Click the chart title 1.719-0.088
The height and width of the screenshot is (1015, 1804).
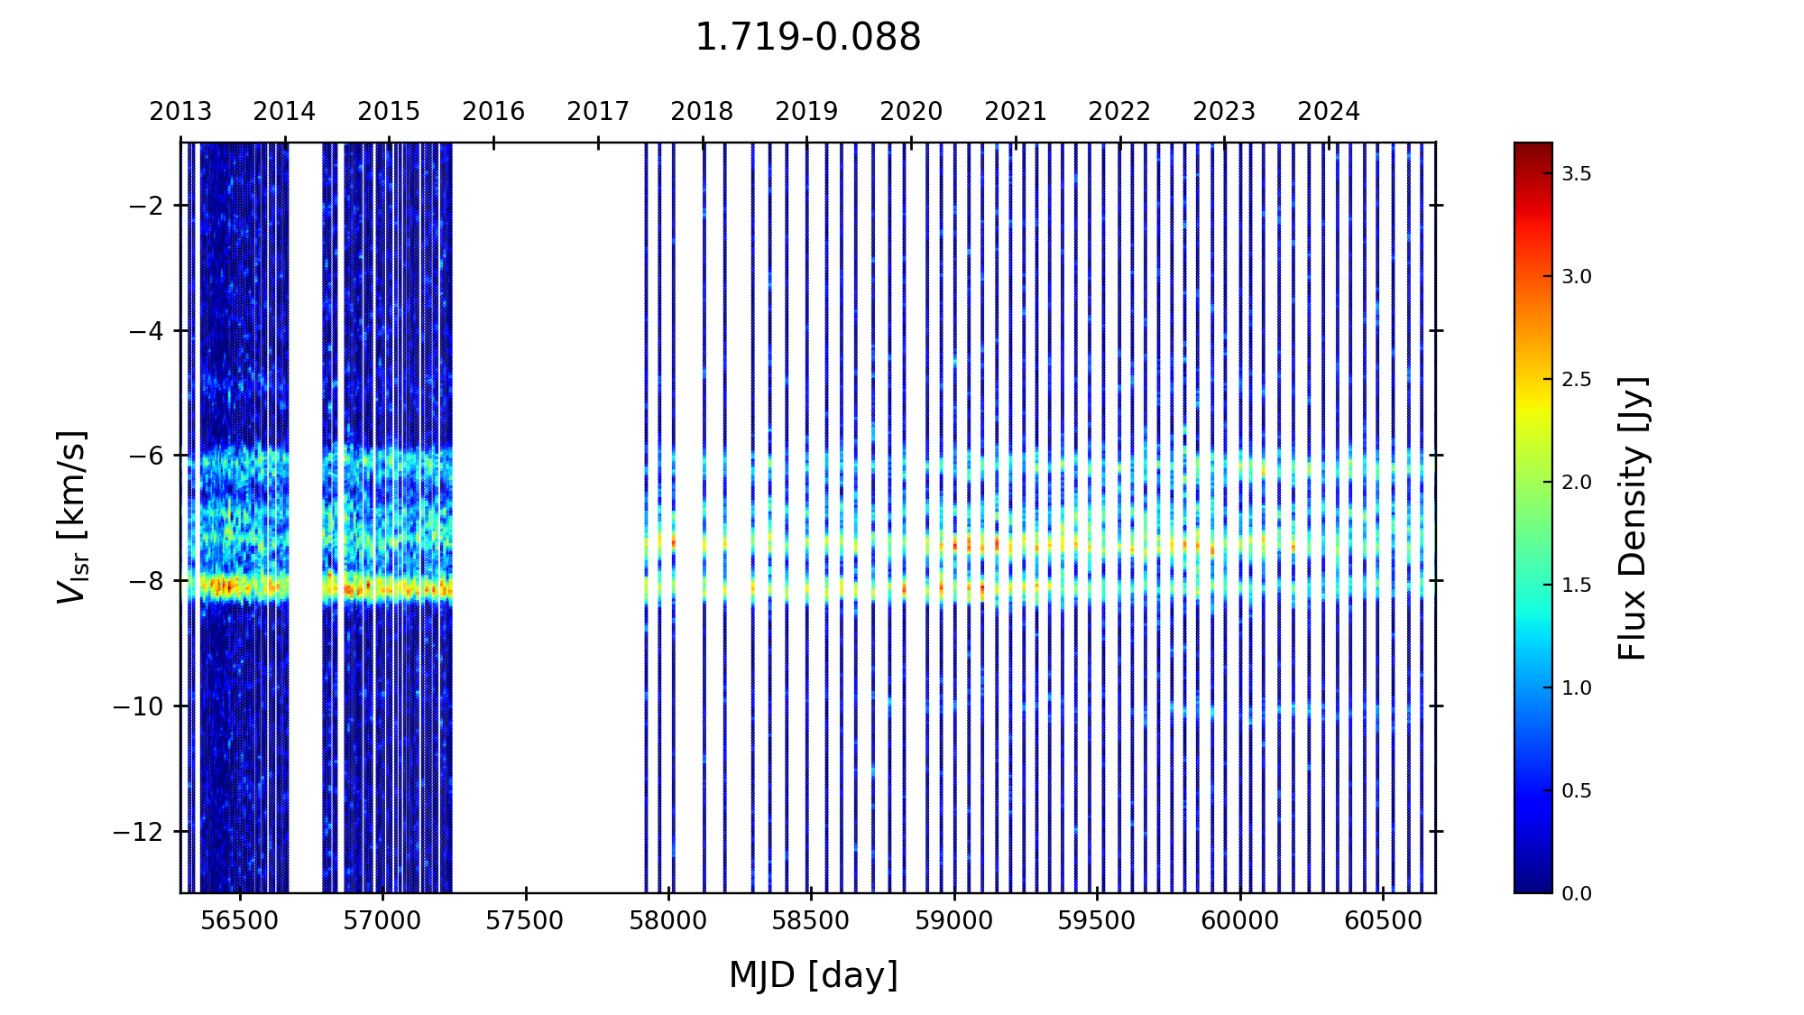click(807, 38)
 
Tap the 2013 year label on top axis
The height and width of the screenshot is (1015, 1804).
click(180, 112)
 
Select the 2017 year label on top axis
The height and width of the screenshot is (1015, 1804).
click(598, 112)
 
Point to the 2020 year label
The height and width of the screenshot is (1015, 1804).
click(911, 112)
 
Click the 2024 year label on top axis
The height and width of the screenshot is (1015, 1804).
click(1329, 112)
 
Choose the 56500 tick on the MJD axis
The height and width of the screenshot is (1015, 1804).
click(240, 921)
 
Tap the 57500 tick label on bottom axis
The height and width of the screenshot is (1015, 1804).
click(526, 921)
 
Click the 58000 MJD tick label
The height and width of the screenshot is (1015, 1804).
click(668, 921)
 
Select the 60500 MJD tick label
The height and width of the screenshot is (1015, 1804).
click(1383, 921)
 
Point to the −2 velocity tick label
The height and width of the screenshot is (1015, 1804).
click(144, 206)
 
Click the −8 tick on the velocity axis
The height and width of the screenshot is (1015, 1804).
click(144, 581)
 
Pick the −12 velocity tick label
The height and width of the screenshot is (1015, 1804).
click(137, 831)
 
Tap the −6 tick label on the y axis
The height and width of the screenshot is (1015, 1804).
click(144, 456)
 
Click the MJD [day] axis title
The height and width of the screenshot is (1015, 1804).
click(814, 975)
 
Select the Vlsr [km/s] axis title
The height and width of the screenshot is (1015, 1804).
click(72, 517)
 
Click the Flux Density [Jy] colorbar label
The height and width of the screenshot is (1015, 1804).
click(1633, 518)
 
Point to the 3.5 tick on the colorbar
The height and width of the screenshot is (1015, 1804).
click(1577, 174)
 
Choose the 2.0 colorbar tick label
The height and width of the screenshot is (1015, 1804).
click(1577, 483)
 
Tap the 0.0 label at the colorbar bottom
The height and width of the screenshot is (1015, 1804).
click(1577, 893)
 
